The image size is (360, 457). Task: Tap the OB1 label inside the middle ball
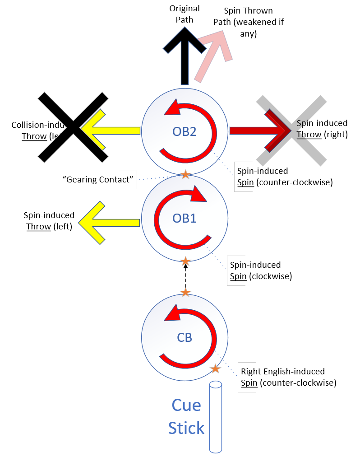coord(185,219)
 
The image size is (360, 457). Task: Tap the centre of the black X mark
coord(74,127)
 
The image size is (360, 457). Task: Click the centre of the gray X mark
coord(291,130)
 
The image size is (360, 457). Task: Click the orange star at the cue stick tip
coord(216,369)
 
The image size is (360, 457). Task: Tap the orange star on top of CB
coord(185,293)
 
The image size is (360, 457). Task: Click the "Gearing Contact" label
coord(99,180)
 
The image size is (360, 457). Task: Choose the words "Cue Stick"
coord(186,416)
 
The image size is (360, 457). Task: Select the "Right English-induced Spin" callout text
coord(289,377)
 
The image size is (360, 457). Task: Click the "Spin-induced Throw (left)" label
coord(49,221)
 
